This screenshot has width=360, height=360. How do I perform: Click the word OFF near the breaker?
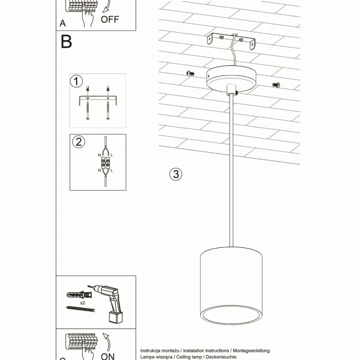coord(110,19)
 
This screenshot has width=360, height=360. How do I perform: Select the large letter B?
coord(66,42)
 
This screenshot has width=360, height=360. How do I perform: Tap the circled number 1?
coord(76,81)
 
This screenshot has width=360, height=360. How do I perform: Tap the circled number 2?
coord(78,142)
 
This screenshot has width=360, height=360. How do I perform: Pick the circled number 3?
coord(176,174)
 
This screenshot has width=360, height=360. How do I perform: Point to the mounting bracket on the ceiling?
coord(232,41)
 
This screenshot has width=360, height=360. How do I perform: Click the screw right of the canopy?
coord(276,85)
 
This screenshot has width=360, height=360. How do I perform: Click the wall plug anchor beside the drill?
coord(78,295)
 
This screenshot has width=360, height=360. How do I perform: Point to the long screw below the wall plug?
coord(80,309)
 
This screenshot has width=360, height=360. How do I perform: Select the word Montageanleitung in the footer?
coord(251,350)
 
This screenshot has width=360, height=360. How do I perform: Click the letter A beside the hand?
coord(63,23)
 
